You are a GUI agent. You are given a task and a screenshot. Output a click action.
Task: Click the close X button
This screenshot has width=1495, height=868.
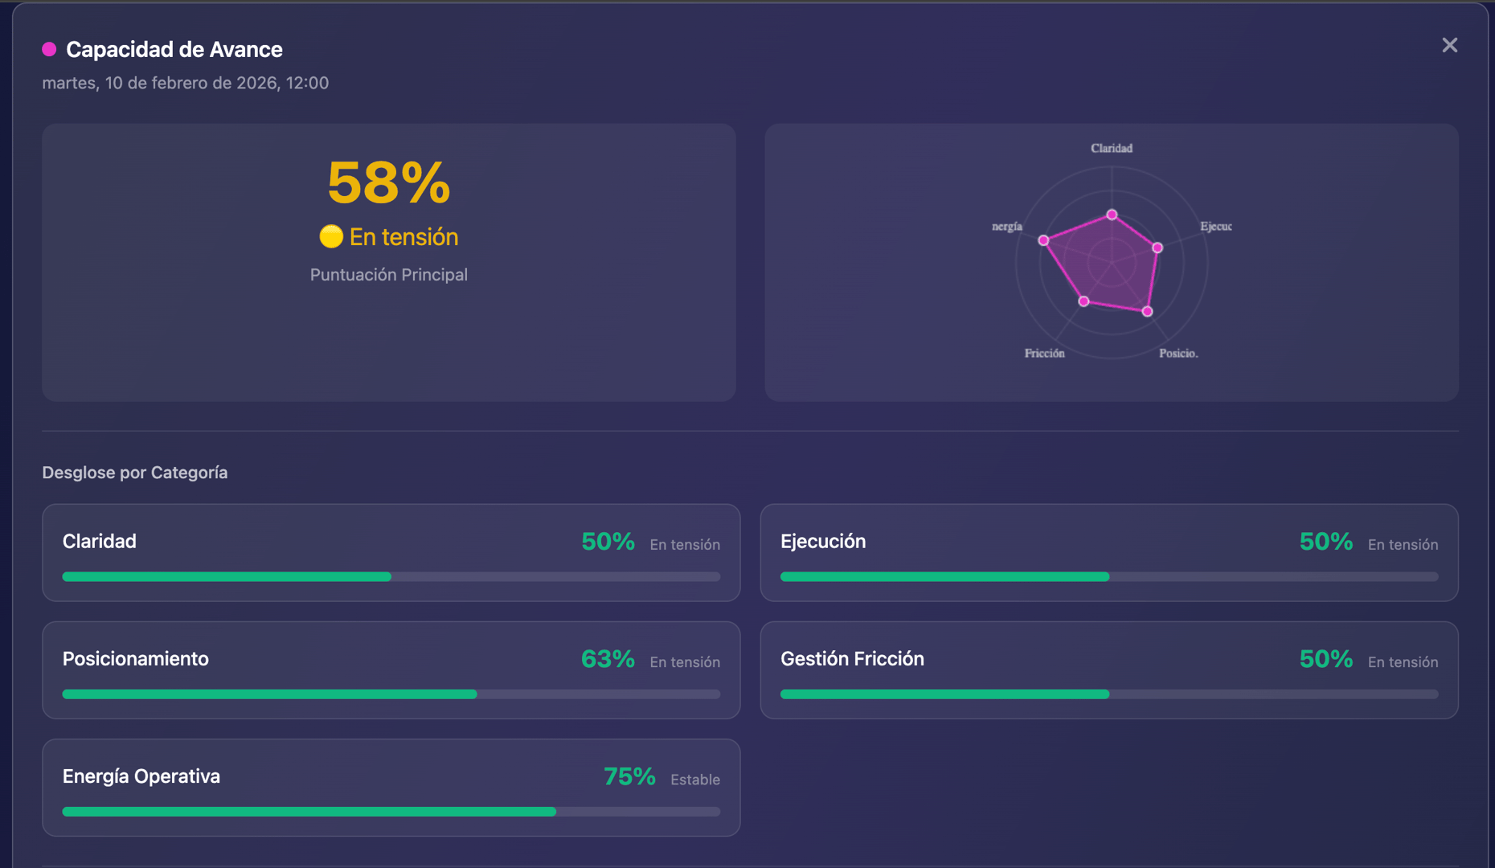pos(1449,45)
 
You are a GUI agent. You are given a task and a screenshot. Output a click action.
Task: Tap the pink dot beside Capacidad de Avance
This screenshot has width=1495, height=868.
pos(49,50)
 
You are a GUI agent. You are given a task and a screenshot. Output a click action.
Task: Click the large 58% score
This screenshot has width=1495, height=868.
pos(388,182)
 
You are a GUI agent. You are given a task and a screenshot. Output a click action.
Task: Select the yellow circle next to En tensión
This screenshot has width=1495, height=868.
pos(330,236)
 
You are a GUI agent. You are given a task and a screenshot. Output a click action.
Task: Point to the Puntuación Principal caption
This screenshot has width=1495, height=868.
pos(388,275)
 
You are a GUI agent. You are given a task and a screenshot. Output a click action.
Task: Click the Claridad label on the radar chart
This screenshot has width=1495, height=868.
pos(1111,148)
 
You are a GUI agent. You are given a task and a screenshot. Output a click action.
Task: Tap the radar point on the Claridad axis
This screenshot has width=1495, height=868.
pos(1112,215)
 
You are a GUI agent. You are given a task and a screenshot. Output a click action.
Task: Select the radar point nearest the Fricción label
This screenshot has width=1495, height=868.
pos(1083,301)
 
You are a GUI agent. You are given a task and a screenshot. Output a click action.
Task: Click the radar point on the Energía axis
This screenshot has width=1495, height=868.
pos(1043,240)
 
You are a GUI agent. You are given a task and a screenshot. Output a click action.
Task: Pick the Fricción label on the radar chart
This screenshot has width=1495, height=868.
pos(1044,353)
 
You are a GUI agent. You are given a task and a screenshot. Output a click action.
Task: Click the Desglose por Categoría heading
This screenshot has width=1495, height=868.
pos(134,473)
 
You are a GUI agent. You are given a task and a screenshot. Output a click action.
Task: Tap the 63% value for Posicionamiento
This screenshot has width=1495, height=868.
pos(608,659)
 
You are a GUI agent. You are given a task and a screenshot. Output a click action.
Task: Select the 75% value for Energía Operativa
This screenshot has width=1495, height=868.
pos(629,776)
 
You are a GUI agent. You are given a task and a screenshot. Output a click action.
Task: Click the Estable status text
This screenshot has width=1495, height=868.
pos(694,780)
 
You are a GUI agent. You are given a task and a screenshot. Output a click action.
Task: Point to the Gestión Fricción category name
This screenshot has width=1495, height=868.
pos(852,659)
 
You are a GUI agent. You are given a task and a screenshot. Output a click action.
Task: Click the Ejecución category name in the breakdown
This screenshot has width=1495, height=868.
pos(823,542)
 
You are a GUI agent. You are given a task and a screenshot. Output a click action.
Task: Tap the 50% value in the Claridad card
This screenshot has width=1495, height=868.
pos(608,542)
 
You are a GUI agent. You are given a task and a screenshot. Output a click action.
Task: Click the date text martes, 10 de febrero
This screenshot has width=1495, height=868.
pos(185,83)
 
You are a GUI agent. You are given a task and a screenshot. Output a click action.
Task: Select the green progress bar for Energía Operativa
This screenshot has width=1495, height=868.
pos(309,812)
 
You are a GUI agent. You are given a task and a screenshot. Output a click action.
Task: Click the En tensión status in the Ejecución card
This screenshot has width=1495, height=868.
pos(1403,545)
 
